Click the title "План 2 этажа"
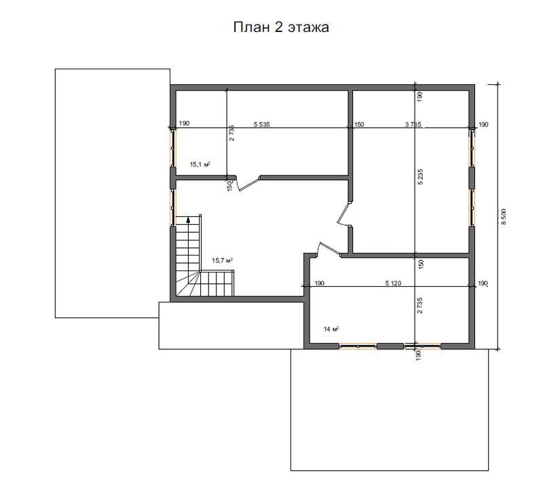(281, 27)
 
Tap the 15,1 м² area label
(200, 164)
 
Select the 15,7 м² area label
(222, 260)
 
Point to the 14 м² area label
(331, 329)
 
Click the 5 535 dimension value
(261, 124)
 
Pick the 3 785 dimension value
(413, 124)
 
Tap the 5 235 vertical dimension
(420, 177)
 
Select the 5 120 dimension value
(393, 283)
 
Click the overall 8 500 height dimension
(504, 217)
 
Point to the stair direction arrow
(188, 219)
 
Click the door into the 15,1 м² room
(247, 183)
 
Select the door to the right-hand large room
(344, 214)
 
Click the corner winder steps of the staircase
(187, 284)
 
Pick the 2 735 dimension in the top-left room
(231, 133)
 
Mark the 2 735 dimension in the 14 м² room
(419, 306)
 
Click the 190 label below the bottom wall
(418, 355)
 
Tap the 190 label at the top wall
(419, 96)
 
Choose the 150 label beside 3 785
(359, 124)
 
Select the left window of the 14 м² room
(358, 346)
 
